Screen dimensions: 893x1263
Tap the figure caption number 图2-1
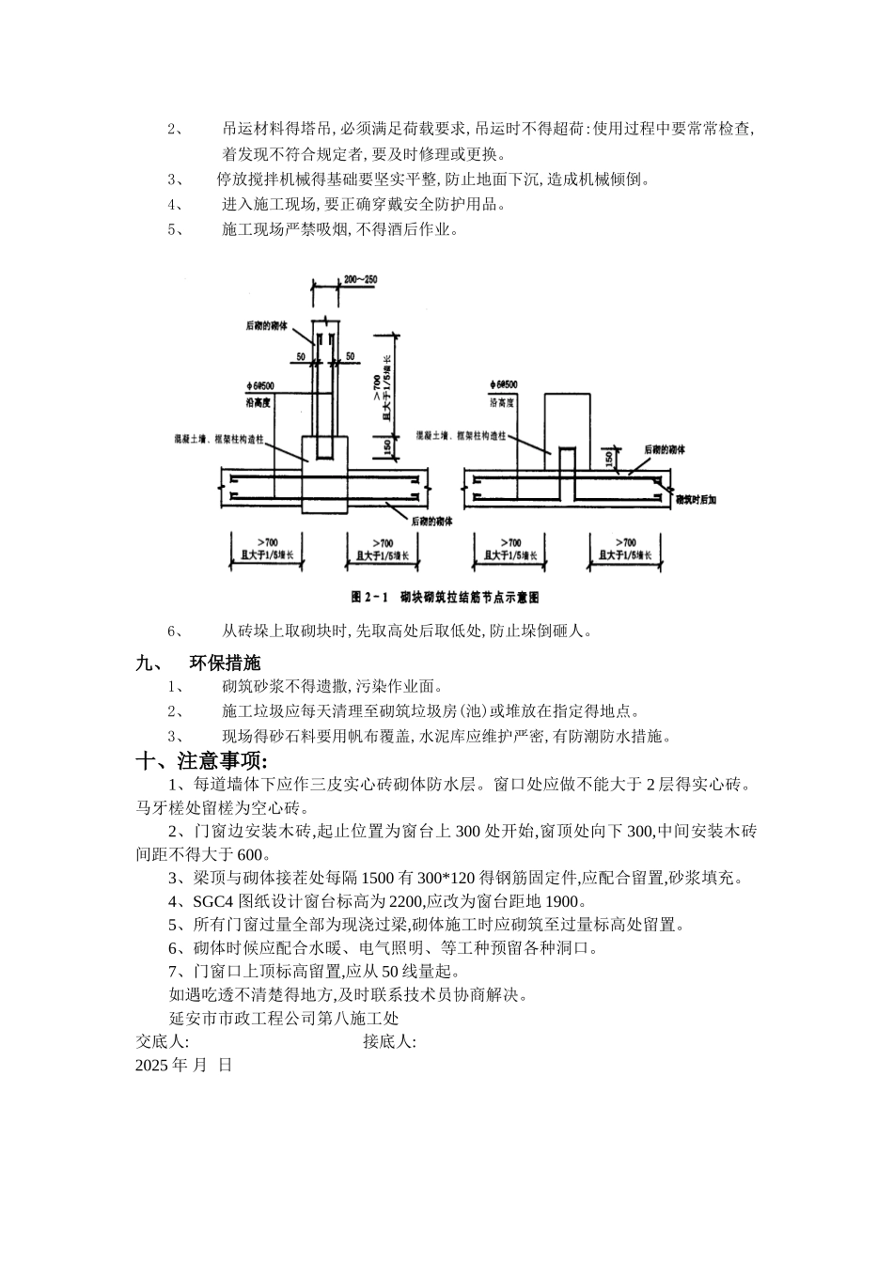(x=369, y=597)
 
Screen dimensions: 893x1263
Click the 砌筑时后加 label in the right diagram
(x=697, y=501)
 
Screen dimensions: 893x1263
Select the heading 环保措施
(x=226, y=663)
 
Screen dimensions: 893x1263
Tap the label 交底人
(x=162, y=1041)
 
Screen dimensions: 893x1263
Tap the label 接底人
(x=389, y=1041)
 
